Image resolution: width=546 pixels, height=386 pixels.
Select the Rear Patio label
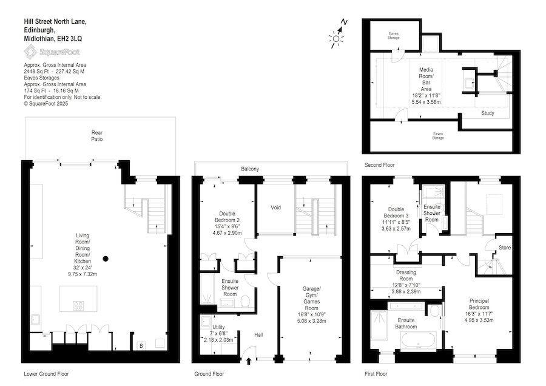97,136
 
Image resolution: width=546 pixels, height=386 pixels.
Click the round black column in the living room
106,259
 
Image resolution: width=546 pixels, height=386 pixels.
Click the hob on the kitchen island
79,305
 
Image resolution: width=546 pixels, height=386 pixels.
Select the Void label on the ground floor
275,208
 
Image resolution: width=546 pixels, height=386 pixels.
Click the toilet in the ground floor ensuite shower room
244,302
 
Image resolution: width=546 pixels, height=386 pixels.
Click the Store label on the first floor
505,248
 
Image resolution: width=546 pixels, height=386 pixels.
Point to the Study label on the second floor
488,113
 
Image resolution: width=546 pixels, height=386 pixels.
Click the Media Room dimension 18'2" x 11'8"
426,95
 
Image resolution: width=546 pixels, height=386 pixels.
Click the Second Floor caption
380,164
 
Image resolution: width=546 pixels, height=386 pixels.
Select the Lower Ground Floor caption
46,374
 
